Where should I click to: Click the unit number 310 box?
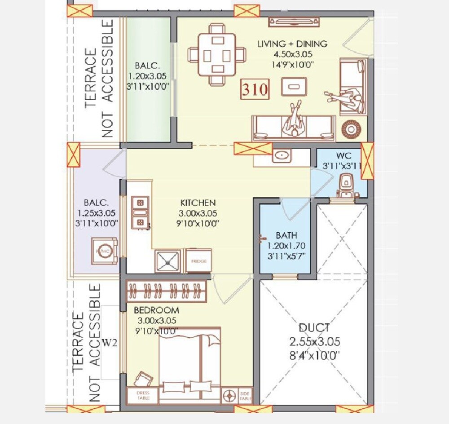point(255,89)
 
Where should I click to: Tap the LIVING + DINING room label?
point(292,44)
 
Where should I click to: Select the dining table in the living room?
point(217,56)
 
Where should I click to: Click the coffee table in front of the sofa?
point(294,86)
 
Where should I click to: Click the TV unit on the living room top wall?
point(294,21)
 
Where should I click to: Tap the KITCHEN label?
point(198,203)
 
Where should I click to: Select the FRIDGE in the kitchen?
point(198,261)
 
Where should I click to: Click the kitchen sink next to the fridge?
point(168,261)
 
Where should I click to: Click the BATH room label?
point(286,235)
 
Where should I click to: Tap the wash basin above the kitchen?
point(282,156)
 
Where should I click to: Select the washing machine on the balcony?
point(104,251)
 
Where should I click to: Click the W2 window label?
point(110,343)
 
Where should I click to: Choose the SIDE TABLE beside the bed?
point(245,395)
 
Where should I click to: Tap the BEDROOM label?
point(156,310)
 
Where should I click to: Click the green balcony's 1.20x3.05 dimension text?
point(148,76)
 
